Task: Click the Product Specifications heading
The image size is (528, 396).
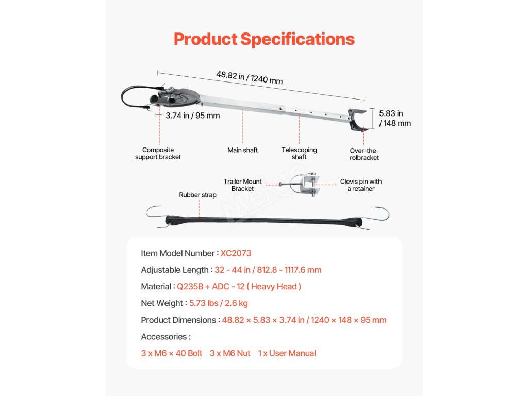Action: [264, 39]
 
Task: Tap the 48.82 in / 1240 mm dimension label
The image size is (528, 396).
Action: [249, 77]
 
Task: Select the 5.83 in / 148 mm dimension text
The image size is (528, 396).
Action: [395, 118]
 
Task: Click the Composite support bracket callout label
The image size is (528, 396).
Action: [158, 153]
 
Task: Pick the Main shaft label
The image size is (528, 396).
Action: [242, 150]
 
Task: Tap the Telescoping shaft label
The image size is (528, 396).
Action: [299, 153]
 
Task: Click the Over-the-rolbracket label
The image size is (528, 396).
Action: [365, 154]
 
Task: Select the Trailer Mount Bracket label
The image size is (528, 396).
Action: [242, 185]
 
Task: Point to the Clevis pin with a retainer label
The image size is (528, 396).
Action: [361, 185]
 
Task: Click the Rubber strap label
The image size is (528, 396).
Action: [198, 195]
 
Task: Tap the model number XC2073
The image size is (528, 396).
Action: [236, 253]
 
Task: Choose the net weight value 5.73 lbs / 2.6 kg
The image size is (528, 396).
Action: [219, 303]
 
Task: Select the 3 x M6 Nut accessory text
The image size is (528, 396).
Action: [230, 353]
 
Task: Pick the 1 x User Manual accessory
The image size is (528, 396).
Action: [287, 353]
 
